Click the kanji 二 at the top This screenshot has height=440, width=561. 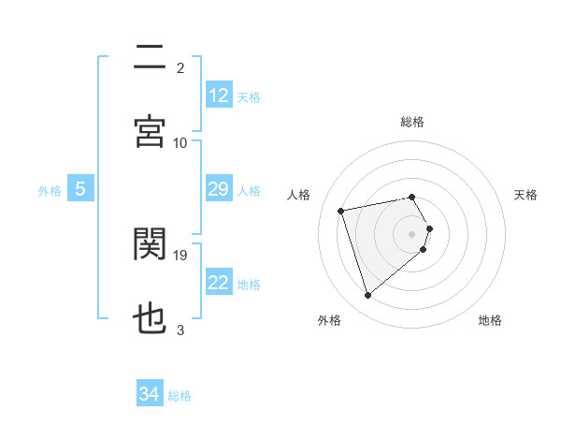(150, 57)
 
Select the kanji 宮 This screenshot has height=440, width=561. (150, 130)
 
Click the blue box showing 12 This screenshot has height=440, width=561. (218, 95)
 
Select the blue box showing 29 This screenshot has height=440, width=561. (218, 189)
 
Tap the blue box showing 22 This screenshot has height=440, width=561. (218, 283)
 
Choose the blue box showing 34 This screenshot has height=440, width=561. (150, 394)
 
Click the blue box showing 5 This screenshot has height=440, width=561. (80, 189)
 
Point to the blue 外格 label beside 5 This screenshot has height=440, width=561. (50, 190)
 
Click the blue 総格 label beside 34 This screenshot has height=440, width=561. (180, 396)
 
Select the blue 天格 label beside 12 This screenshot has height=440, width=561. (249, 96)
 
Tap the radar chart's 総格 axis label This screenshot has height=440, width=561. (412, 122)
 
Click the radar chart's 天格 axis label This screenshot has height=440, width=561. (525, 195)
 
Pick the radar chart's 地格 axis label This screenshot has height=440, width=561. (490, 320)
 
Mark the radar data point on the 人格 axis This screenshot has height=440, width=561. (341, 210)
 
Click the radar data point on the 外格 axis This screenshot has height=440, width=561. (368, 295)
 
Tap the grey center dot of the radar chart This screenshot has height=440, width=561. (412, 233)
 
